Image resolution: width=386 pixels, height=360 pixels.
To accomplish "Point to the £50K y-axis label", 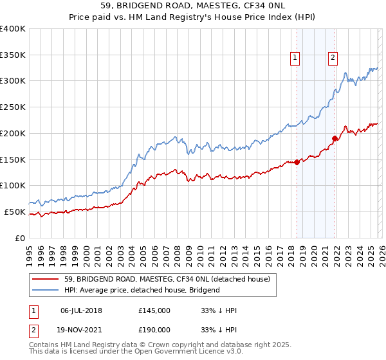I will tap(15, 212).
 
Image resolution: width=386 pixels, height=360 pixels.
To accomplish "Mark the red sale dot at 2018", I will tap(297, 162).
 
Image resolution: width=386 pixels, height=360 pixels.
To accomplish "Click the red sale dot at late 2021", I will tap(335, 138).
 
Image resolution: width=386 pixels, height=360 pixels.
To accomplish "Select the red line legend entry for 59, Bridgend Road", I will tap(170, 279).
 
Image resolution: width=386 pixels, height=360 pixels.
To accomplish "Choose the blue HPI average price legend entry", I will tap(142, 290).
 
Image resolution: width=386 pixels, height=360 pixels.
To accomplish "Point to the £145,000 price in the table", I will tap(154, 310).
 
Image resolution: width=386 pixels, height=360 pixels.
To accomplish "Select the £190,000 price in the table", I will tap(154, 329).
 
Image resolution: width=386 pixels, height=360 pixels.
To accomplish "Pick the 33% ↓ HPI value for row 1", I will tap(219, 310).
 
